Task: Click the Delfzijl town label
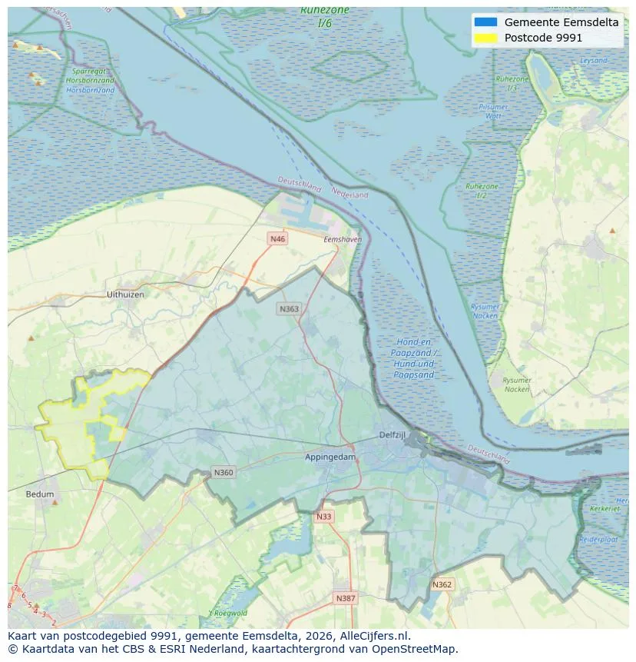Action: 392,435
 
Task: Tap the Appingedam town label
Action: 330,457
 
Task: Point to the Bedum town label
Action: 40,494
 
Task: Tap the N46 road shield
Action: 277,239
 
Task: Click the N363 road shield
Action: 289,308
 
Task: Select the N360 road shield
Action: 223,472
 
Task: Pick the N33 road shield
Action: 323,517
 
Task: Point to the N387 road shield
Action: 345,597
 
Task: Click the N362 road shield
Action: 442,584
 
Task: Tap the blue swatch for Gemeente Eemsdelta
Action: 485,22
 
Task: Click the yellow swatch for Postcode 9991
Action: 485,38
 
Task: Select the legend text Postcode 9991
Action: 543,38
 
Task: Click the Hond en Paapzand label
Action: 413,358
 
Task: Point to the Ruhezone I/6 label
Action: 325,16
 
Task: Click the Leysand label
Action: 594,60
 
